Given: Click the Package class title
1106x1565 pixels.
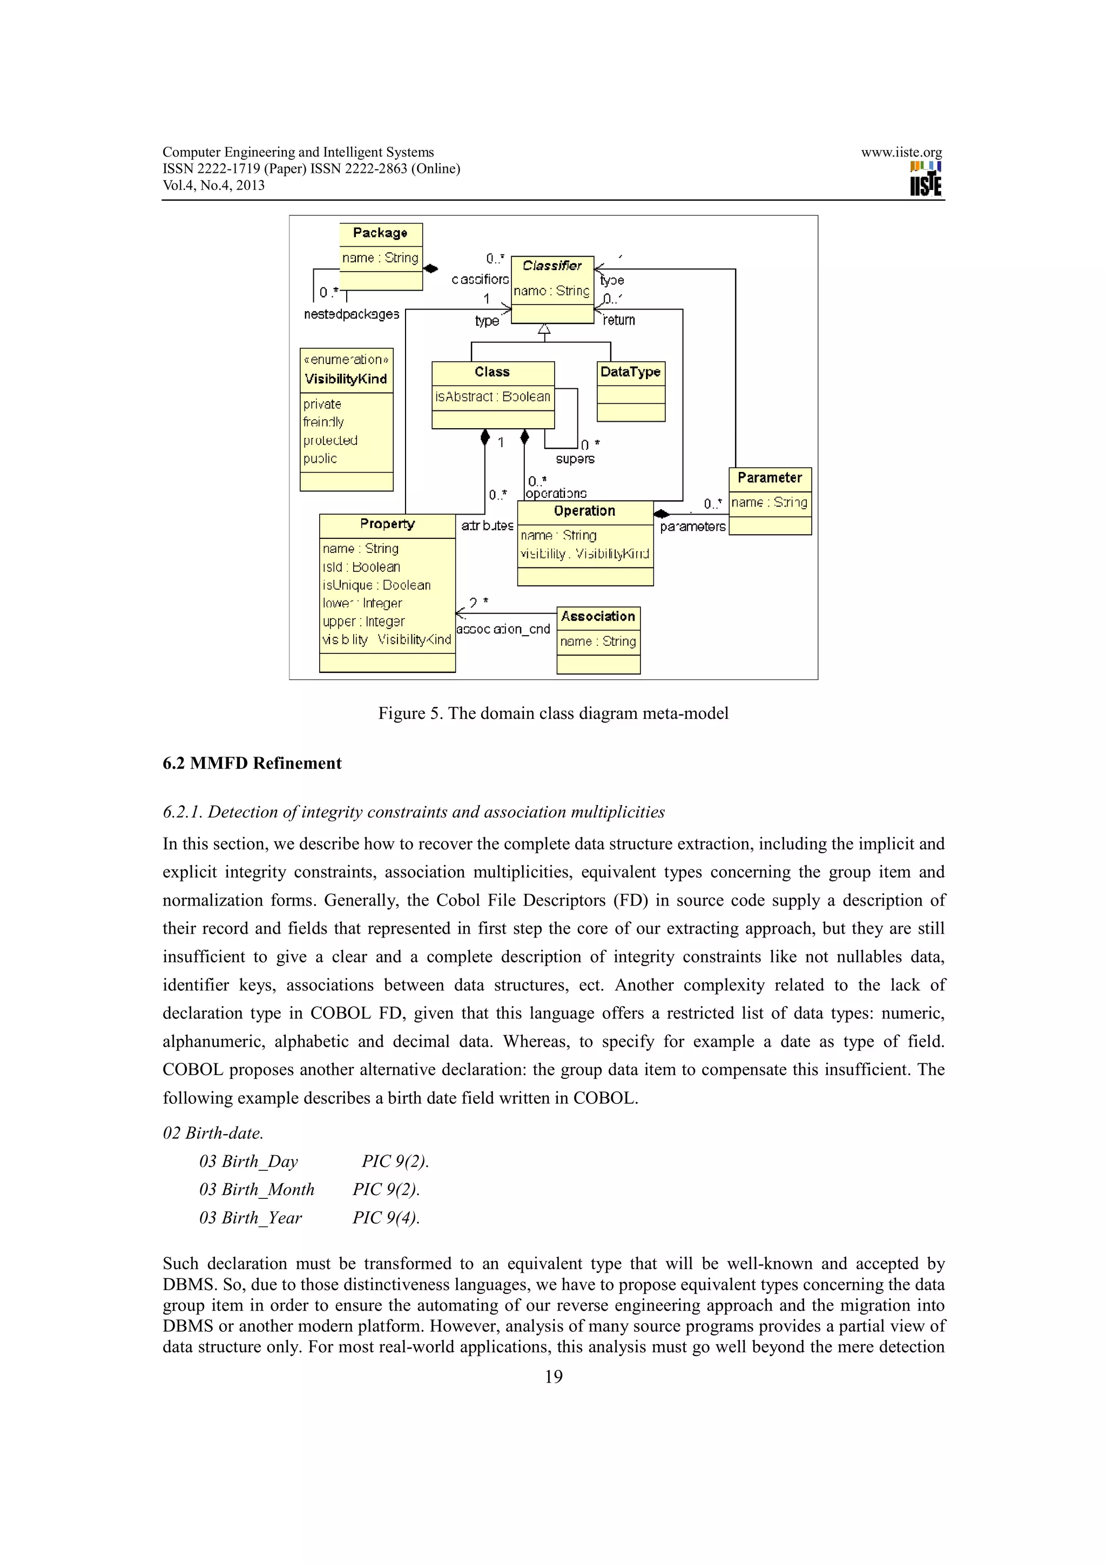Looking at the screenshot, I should (380, 233).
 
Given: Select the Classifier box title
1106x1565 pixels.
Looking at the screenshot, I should (552, 266).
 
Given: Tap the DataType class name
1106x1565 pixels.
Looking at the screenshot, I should (630, 372).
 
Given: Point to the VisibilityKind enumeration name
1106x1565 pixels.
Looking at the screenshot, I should (346, 379).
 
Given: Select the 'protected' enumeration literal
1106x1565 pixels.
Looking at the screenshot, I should (331, 440).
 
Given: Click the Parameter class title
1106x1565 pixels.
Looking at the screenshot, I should (770, 478).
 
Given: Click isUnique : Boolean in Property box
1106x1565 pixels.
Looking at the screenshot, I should (376, 585).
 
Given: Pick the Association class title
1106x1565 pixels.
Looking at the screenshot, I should (598, 617).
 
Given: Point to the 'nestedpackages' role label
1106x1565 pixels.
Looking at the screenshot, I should (352, 314).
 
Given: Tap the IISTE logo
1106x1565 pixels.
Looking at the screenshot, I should (926, 179).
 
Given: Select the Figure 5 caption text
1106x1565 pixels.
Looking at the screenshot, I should (554, 714).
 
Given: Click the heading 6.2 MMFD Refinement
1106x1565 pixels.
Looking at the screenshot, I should (252, 764).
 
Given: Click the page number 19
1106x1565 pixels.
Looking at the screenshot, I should (554, 1377).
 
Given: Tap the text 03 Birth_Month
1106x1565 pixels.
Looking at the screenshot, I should (257, 1190).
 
